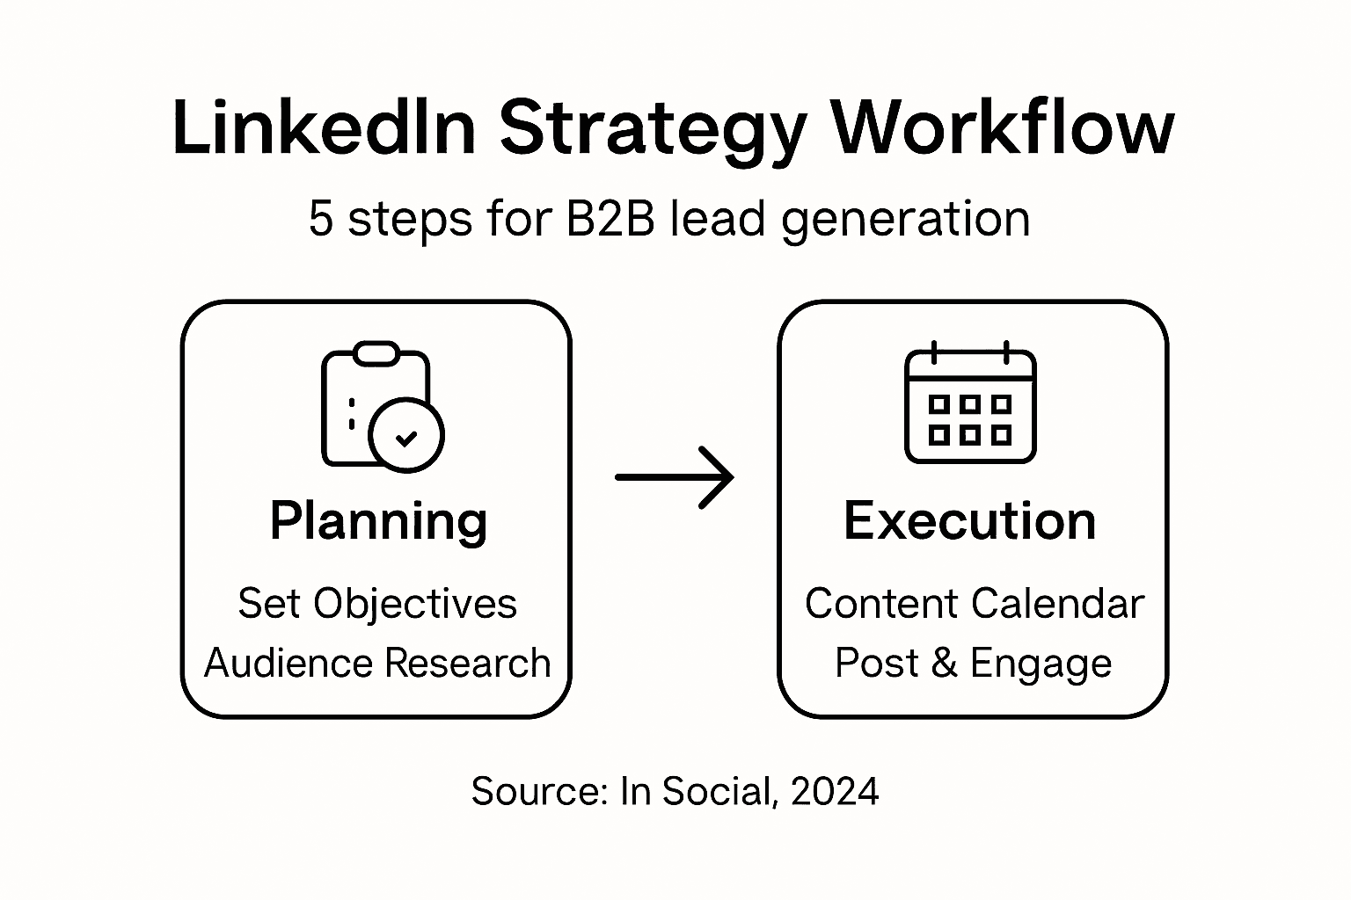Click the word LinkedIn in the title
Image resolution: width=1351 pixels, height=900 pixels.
coord(324,127)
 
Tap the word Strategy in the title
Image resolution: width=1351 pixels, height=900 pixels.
coord(653,133)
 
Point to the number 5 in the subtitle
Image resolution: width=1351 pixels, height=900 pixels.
coord(321,219)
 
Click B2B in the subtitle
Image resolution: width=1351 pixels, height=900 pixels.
coord(610,218)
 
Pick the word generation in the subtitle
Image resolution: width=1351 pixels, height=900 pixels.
coord(905,221)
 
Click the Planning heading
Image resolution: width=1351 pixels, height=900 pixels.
coord(378,522)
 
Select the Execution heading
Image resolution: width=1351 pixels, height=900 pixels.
coord(970,520)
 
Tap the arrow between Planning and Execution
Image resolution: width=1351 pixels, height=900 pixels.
coord(675,477)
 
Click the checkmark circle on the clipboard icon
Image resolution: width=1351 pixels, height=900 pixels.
coord(405,435)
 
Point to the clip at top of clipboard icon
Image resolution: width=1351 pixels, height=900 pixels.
coord(376,353)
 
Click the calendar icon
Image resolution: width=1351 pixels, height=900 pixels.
coord(970,402)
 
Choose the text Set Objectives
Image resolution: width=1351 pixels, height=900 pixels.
coord(377,605)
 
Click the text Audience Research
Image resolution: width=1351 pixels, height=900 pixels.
coord(377,663)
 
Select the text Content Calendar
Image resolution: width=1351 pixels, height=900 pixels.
coord(975,604)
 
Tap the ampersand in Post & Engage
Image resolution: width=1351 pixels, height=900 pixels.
coord(944,663)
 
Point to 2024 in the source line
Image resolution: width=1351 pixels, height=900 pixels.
coord(835,791)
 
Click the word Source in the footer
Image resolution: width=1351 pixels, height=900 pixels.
coord(538,791)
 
